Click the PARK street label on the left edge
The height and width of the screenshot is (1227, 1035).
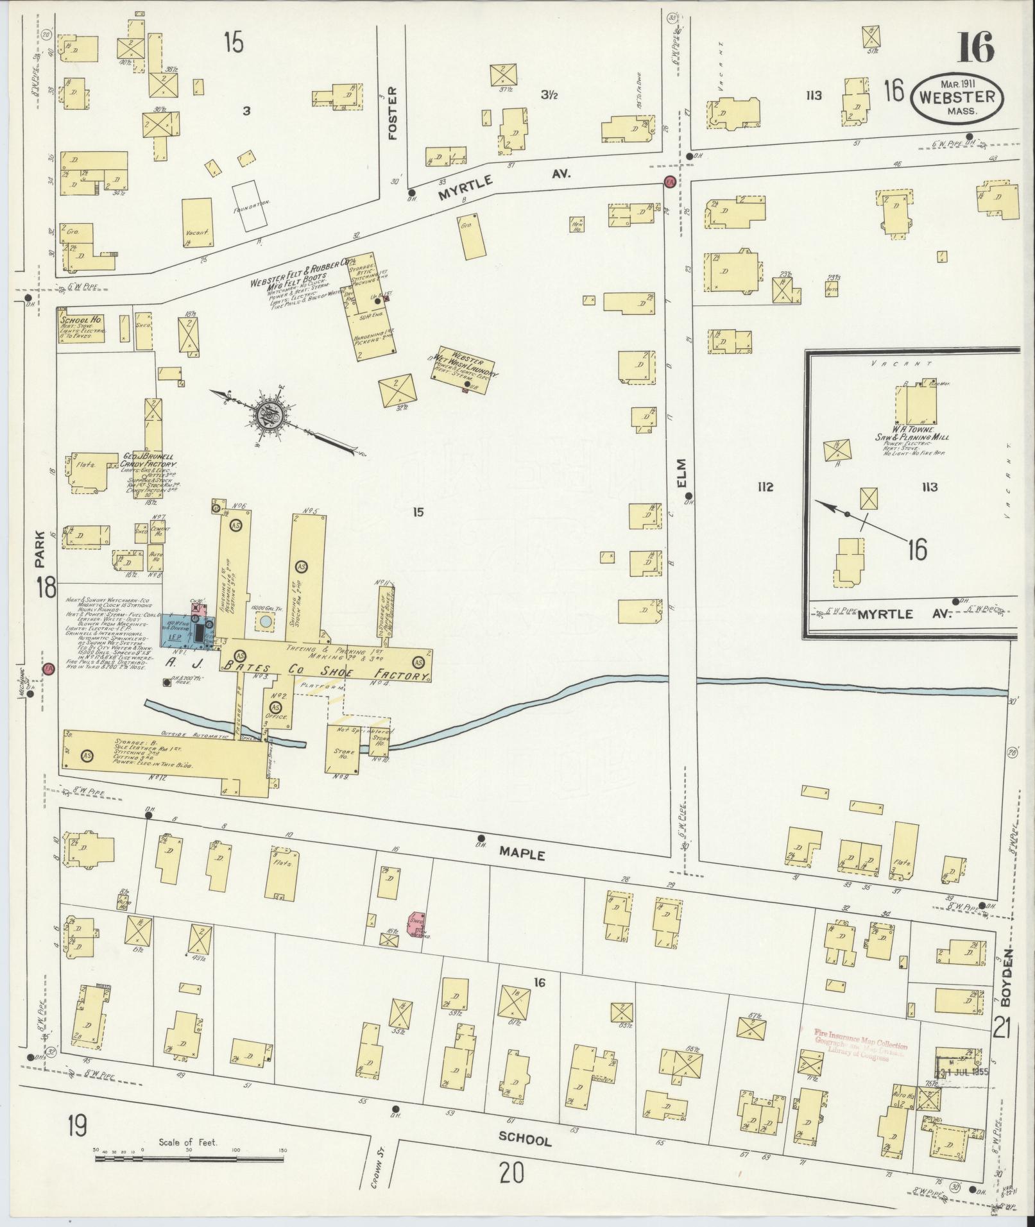(40, 548)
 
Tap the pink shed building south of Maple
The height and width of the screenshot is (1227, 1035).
(416, 922)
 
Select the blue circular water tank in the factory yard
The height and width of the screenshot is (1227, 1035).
(265, 621)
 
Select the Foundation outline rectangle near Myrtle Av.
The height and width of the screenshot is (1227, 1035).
(250, 205)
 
